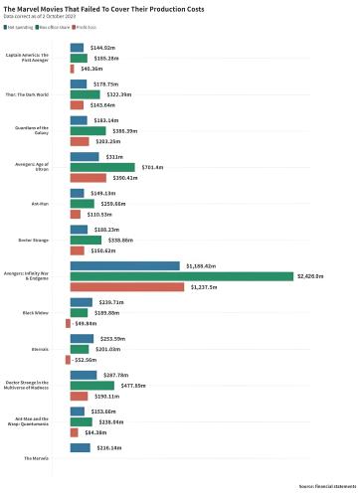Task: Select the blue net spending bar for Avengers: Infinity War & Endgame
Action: (x=125, y=265)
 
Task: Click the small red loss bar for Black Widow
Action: (x=68, y=323)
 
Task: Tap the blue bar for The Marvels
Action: (x=80, y=448)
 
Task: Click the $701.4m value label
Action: (x=153, y=167)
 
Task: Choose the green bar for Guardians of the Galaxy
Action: (x=88, y=131)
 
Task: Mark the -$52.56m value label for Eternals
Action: (x=87, y=360)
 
